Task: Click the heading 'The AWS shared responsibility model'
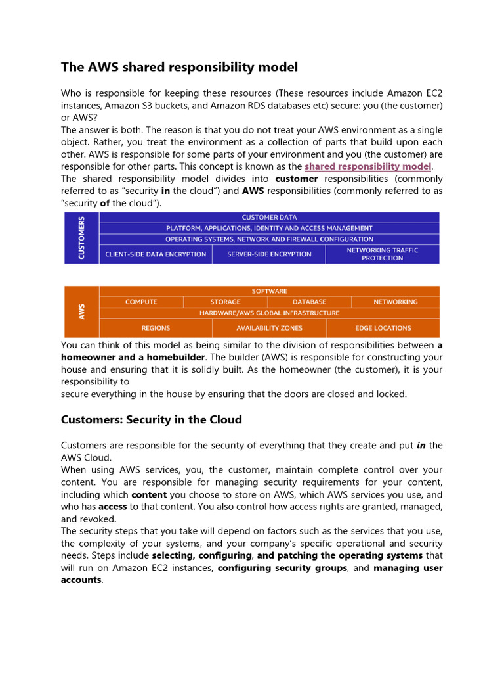(179, 67)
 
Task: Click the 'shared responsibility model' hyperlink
(367, 166)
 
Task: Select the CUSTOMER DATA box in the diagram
(269, 217)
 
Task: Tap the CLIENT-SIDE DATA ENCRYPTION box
(156, 254)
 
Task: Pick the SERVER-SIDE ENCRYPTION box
(269, 254)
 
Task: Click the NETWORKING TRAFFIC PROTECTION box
(382, 254)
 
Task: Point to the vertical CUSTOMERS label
(81, 237)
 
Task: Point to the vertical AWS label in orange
(81, 312)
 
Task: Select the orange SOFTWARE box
(269, 291)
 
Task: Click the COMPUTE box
(141, 302)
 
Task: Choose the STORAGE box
(225, 302)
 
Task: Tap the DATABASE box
(309, 302)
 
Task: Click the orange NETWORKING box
(395, 302)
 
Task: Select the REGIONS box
(156, 328)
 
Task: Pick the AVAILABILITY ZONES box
(269, 328)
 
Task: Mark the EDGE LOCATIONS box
(383, 328)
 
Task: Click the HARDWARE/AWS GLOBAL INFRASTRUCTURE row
(269, 313)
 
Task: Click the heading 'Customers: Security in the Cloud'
(151, 419)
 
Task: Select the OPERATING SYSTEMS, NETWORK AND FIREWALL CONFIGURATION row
(269, 239)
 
